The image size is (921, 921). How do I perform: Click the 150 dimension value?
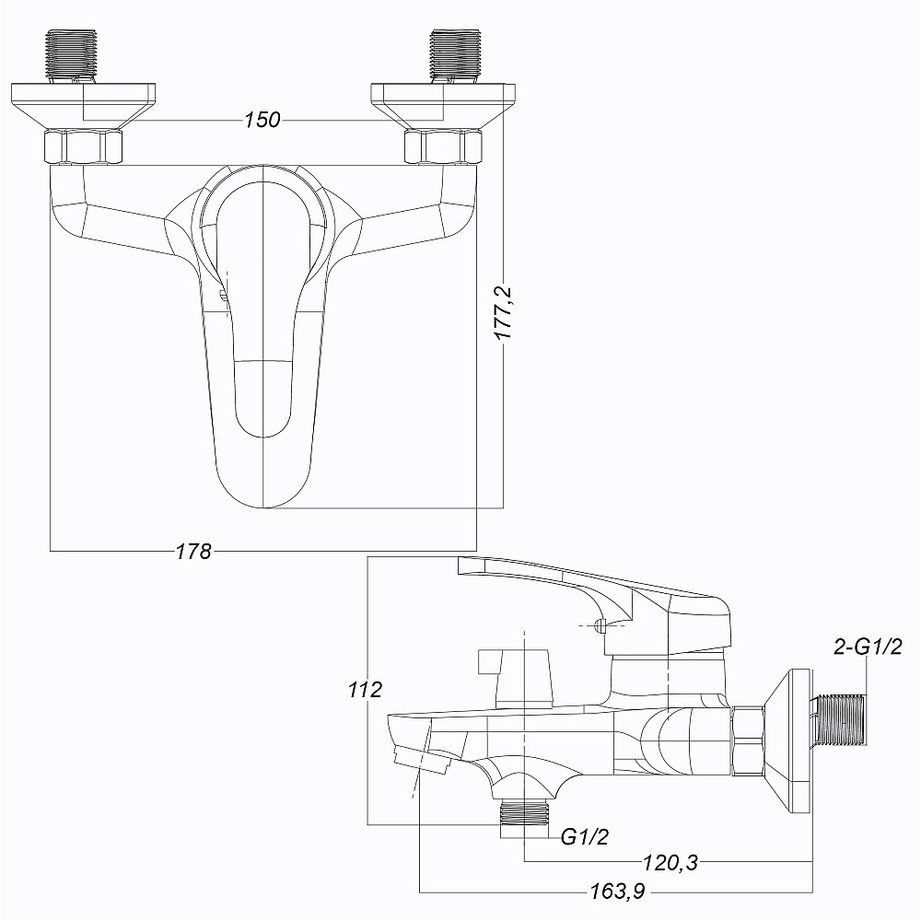(x=262, y=121)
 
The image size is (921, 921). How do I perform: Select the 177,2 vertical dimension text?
(x=505, y=313)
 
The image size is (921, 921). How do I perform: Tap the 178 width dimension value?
(x=193, y=552)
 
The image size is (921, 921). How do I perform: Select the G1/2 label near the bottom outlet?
(x=585, y=836)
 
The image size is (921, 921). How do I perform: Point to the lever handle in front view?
(x=265, y=368)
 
